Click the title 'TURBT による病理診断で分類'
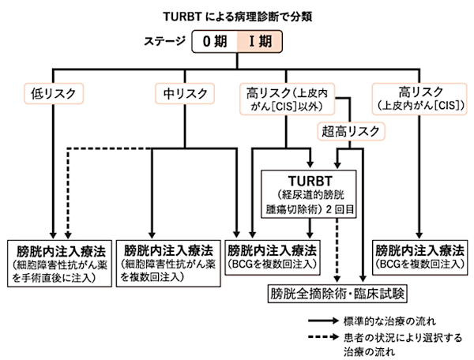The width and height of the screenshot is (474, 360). (238, 17)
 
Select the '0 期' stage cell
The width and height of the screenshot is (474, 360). (215, 41)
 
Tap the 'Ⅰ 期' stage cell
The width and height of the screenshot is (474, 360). (260, 41)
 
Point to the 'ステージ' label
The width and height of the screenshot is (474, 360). (164, 41)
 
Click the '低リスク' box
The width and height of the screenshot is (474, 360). (54, 94)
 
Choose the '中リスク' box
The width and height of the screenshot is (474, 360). (185, 94)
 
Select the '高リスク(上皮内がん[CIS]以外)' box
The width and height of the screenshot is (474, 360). (288, 99)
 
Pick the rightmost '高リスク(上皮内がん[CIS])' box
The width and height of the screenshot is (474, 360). (419, 99)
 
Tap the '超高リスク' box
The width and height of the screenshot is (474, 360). (351, 131)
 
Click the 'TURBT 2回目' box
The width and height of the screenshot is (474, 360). (309, 194)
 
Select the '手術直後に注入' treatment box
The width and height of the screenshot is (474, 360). (59, 264)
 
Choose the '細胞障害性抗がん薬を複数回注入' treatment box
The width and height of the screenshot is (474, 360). (168, 264)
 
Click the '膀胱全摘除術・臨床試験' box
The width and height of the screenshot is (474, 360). (337, 293)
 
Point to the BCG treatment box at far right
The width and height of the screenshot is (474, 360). (420, 257)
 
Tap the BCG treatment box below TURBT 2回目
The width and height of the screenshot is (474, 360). (273, 257)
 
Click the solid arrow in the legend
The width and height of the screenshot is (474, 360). (323, 321)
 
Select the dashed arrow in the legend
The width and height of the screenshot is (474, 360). (323, 337)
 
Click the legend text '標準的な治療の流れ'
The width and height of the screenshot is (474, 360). (390, 321)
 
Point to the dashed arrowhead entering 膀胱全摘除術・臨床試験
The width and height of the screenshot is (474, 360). (337, 279)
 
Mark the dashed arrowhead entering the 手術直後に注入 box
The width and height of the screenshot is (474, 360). (68, 235)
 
